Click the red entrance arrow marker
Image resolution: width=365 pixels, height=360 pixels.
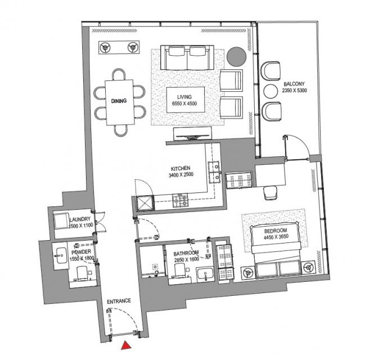point(126,345)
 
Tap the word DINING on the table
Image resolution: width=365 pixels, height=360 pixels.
point(119,101)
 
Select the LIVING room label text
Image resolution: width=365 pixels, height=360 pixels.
point(184,97)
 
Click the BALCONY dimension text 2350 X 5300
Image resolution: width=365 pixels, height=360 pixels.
point(294,91)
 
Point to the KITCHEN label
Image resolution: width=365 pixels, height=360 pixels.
point(181,168)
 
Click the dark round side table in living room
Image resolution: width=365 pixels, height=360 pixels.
point(236,57)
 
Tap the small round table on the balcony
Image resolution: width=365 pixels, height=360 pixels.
point(271,91)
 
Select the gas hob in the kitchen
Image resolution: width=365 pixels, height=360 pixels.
point(180,201)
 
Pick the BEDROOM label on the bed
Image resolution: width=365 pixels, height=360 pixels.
point(276,231)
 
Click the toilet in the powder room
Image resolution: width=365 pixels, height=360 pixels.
point(82,273)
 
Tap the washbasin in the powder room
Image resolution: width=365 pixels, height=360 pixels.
point(61,255)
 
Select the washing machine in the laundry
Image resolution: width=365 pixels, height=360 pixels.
point(61,220)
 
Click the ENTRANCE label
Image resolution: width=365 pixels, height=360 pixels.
point(119,301)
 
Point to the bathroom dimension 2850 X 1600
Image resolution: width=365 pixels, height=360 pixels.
point(187,259)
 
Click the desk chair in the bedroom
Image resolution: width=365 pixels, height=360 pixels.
point(271,193)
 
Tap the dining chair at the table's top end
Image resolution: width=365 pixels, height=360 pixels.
point(119,74)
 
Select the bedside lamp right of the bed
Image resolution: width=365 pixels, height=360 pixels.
point(309,268)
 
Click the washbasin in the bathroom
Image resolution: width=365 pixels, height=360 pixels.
point(205,274)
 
